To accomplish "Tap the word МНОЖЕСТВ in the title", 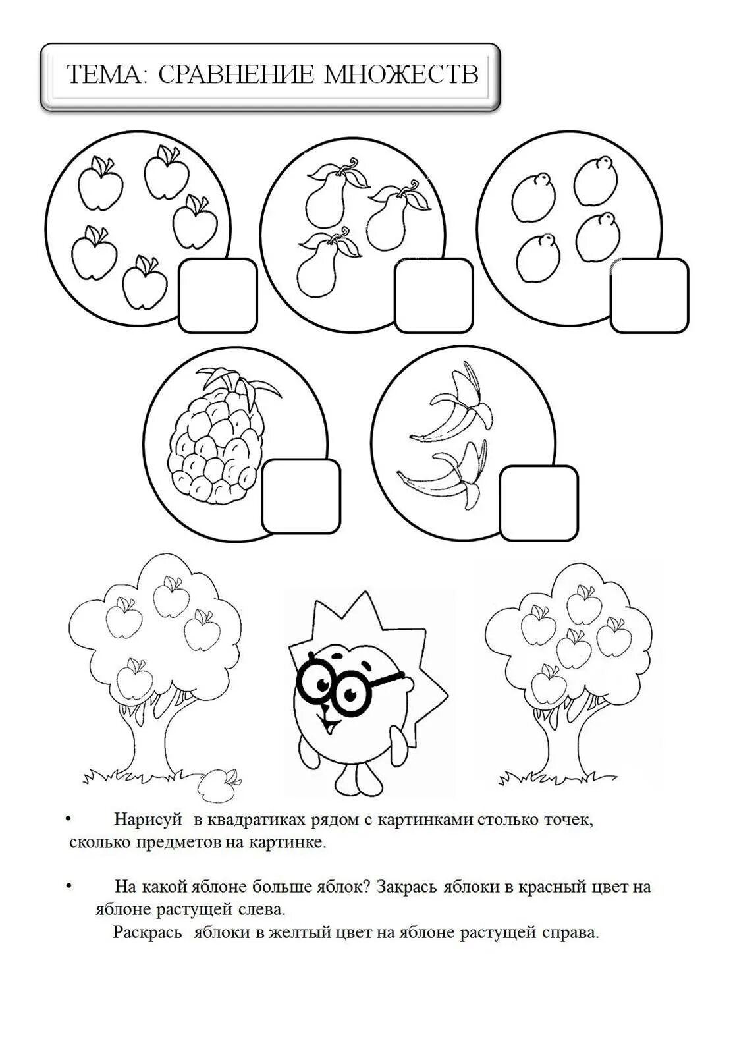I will (x=401, y=74).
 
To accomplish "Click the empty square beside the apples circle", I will (x=218, y=295).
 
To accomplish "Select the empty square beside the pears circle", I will (x=434, y=295).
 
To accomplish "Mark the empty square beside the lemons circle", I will (x=649, y=295).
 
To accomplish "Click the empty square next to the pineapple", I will (x=301, y=497).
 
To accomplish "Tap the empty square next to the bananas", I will (x=539, y=503).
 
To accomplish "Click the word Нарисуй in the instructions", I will (x=148, y=820).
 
